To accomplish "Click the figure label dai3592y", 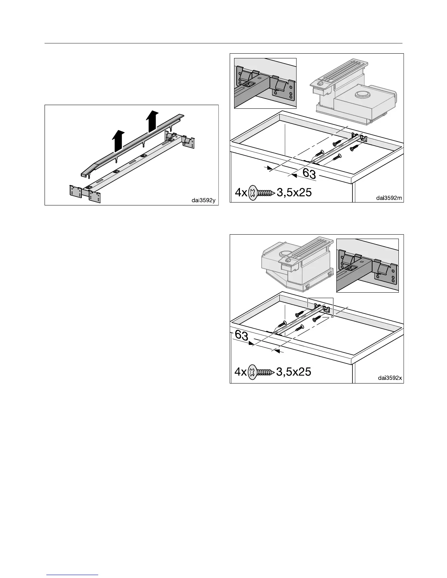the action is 204,200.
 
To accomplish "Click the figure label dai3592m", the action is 389,198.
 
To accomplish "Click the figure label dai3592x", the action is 390,378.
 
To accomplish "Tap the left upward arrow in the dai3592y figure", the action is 118,142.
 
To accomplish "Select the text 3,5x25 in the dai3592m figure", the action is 294,192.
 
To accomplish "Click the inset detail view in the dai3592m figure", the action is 265,83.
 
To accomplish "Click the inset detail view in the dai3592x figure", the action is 367,265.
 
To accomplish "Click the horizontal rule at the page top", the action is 223,43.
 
